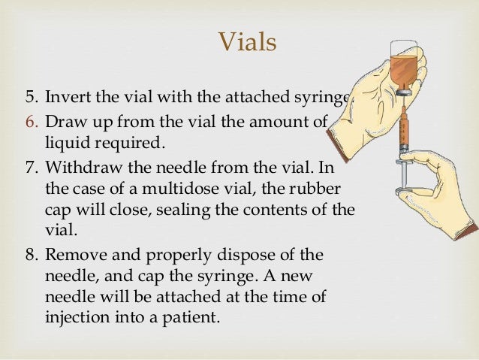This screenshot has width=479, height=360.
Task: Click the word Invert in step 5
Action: pyautogui.click(x=66, y=97)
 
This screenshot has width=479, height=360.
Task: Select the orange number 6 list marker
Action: pyautogui.click(x=31, y=122)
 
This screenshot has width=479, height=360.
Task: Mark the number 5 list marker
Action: pyautogui.click(x=31, y=97)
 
